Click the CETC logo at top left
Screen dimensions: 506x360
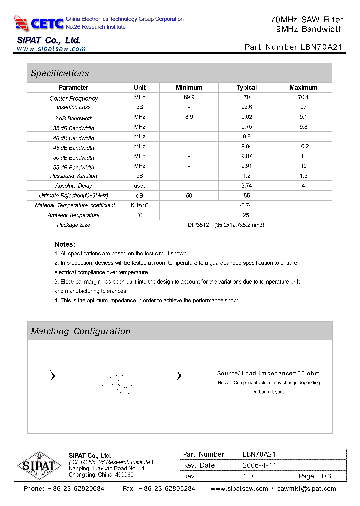coord(39,23)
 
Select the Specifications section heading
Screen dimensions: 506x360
coord(60,73)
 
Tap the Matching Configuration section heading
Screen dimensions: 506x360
coord(80,331)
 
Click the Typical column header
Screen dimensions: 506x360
coord(246,88)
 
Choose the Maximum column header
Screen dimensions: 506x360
coord(303,88)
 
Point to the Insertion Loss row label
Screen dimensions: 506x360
coord(73,107)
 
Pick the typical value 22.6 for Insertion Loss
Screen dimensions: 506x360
coord(246,107)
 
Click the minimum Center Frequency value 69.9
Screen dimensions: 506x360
coord(189,97)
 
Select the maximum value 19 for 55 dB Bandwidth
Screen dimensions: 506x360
coord(303,166)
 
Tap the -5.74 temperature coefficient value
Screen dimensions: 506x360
coord(246,205)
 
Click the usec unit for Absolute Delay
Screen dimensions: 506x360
coord(140,186)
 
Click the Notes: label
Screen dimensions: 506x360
coord(65,244)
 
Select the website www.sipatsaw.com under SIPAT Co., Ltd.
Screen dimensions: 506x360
coord(51,49)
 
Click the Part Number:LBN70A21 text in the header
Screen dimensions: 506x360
coord(293,48)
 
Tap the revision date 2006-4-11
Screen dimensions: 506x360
coord(259,465)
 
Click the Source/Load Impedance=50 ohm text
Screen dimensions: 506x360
coord(268,373)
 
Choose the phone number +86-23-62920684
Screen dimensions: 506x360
coord(76,489)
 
